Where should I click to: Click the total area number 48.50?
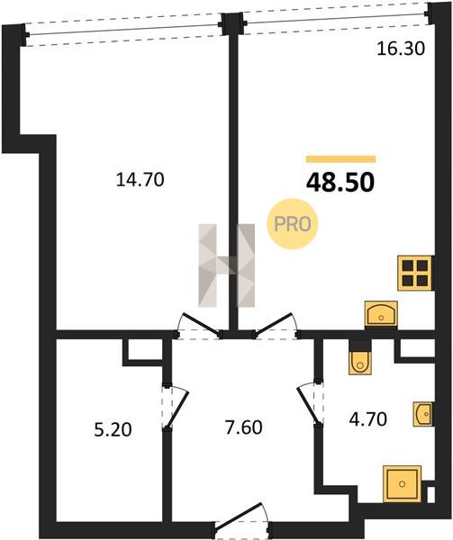pyautogui.click(x=340, y=183)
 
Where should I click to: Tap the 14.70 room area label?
pyautogui.click(x=140, y=180)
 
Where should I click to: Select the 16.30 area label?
pyautogui.click(x=401, y=49)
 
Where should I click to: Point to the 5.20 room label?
pyautogui.click(x=113, y=430)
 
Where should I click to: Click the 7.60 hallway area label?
pyautogui.click(x=243, y=427)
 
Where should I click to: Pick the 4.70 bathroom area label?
pyautogui.click(x=368, y=419)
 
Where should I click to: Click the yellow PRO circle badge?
pyautogui.click(x=293, y=224)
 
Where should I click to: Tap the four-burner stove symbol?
pyautogui.click(x=415, y=273)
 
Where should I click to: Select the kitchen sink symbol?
pyautogui.click(x=381, y=313)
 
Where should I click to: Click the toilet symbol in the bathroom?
pyautogui.click(x=360, y=363)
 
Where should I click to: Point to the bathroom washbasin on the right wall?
pyautogui.click(x=423, y=414)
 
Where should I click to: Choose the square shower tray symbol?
pyautogui.click(x=402, y=483)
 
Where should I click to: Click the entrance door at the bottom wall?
pyautogui.click(x=242, y=521)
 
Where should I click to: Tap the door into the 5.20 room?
pyautogui.click(x=175, y=407)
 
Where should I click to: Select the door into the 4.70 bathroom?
pyautogui.click(x=311, y=402)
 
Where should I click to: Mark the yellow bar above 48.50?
pyautogui.click(x=340, y=158)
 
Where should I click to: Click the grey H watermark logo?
pyautogui.click(x=227, y=265)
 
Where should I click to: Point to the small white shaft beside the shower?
pyautogui.click(x=431, y=495)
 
